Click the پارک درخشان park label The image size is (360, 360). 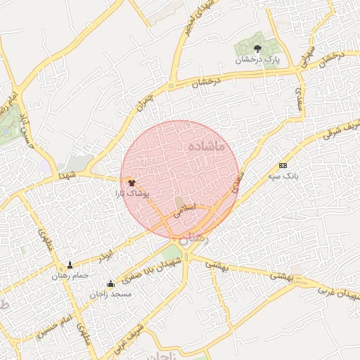(x=257, y=60)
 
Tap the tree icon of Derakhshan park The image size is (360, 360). (x=257, y=49)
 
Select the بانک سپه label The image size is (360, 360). (x=283, y=176)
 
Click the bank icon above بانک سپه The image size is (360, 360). (x=283, y=165)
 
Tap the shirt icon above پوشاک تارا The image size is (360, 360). (x=131, y=182)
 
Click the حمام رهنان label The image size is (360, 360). (x=70, y=276)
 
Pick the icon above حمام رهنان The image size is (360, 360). (x=70, y=266)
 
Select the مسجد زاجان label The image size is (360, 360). (x=110, y=294)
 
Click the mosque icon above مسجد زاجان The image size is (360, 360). (x=110, y=284)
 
